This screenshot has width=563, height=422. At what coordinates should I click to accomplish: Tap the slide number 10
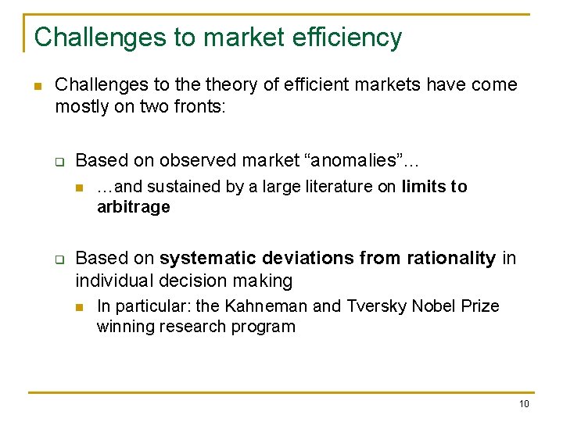523,403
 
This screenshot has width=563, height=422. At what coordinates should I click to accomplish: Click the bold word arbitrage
133,207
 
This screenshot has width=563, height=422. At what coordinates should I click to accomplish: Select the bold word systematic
206,258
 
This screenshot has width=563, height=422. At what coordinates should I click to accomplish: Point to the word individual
115,280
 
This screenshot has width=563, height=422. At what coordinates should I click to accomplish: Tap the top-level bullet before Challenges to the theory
37,85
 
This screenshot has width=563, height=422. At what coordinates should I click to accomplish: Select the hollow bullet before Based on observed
59,161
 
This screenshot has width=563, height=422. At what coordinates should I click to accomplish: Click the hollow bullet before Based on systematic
59,259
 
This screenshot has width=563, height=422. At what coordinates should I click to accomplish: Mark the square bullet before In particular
80,307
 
